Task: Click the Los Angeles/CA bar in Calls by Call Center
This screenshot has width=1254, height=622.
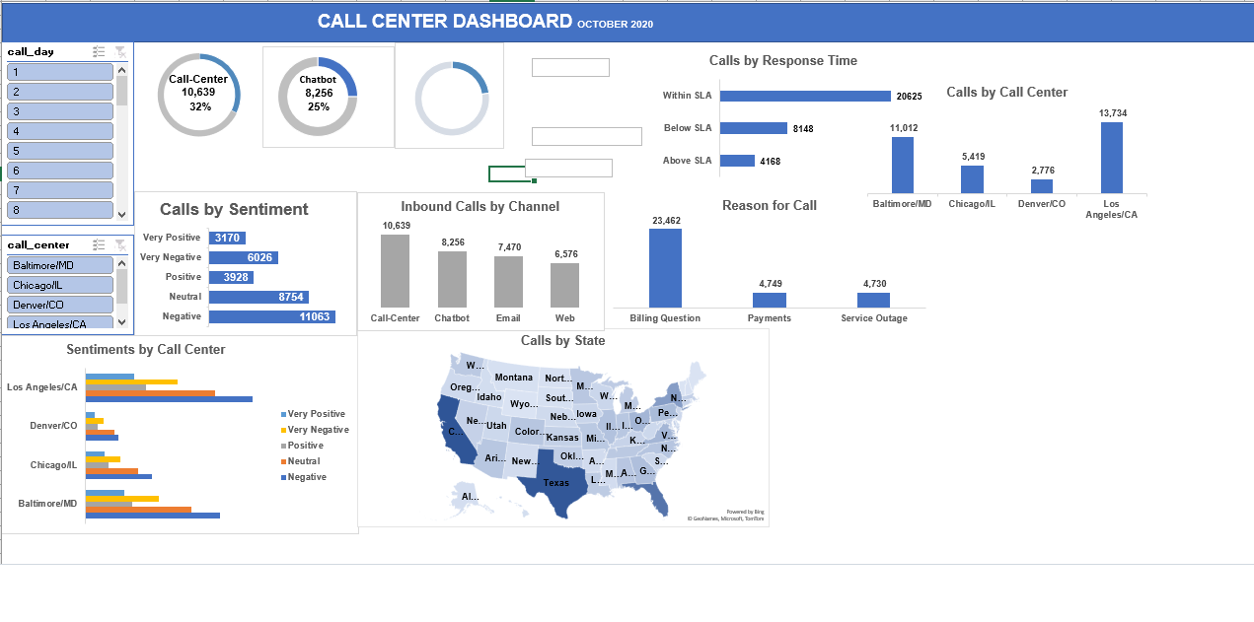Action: pyautogui.click(x=1112, y=158)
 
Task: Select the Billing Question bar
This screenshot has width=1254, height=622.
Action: pyautogui.click(x=665, y=268)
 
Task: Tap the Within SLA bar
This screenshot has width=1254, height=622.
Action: pyautogui.click(x=805, y=96)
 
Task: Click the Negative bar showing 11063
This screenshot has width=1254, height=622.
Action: pyautogui.click(x=271, y=316)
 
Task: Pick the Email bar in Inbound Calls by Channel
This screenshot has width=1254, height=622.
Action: pyautogui.click(x=508, y=282)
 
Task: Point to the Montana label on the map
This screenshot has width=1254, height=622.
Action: pyautogui.click(x=513, y=378)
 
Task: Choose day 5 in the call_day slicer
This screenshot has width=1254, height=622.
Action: pyautogui.click(x=59, y=151)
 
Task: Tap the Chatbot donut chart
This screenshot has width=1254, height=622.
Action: pyautogui.click(x=317, y=96)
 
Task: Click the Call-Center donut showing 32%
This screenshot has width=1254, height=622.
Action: pyautogui.click(x=198, y=96)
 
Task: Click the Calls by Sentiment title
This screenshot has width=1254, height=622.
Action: pyautogui.click(x=234, y=209)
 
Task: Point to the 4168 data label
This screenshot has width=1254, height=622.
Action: pyautogui.click(x=770, y=161)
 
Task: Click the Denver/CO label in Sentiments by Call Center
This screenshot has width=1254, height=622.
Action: pyautogui.click(x=53, y=426)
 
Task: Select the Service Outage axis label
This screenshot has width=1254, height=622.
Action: pyautogui.click(x=873, y=318)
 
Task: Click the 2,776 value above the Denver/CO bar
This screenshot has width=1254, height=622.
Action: pyautogui.click(x=1042, y=171)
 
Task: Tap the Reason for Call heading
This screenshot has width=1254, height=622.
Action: pyautogui.click(x=769, y=205)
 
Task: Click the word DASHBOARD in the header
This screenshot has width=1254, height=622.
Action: pyautogui.click(x=512, y=21)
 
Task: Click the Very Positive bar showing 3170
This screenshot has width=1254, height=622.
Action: pyautogui.click(x=226, y=238)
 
